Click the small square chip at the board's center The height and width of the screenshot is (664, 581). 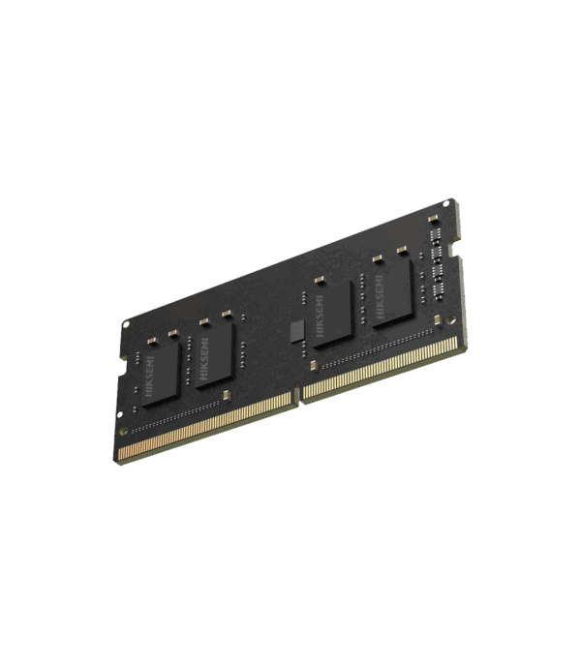click(297, 329)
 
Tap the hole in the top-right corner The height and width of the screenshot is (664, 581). click(446, 203)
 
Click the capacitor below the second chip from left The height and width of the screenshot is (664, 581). click(226, 394)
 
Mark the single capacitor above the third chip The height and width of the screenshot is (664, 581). click(316, 281)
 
